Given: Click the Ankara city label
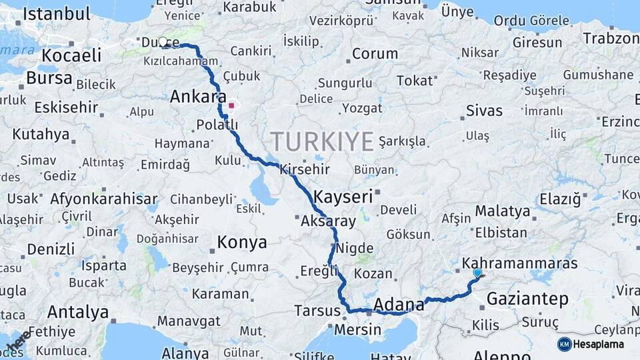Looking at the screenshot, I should tap(198, 97).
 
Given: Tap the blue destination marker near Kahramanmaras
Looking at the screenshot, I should tap(477, 273).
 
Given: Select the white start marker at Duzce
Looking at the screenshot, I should tap(163, 42).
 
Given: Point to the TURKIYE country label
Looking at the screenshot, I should tap(322, 142).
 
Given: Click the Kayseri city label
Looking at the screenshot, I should tap(343, 197).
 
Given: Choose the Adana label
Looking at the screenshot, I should tap(399, 305).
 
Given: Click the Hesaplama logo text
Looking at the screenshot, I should tap(597, 344).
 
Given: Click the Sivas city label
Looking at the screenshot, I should tap(484, 111).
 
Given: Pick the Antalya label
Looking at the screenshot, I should tap(78, 311).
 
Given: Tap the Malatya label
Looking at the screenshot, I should tap(503, 212).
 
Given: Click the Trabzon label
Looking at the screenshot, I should tap(611, 38).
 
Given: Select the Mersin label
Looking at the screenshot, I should tap(358, 329).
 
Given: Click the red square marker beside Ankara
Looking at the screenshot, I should tap(231, 105).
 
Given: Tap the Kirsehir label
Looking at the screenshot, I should tap(304, 169).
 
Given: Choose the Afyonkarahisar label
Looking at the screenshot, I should tap(105, 199).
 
